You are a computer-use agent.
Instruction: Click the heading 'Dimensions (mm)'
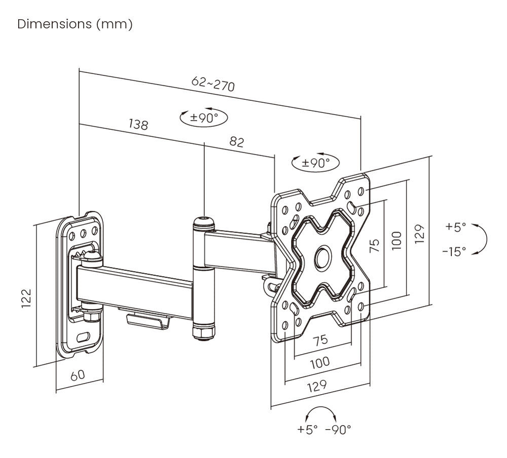[x=75, y=24]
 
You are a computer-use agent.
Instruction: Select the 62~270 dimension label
[x=213, y=84]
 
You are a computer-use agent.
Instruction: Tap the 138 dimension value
[x=138, y=124]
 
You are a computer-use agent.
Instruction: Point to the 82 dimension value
[x=236, y=142]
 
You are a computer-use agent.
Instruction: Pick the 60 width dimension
[x=77, y=375]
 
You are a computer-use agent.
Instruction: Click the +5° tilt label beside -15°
[x=455, y=227]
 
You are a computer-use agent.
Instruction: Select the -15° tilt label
[x=454, y=251]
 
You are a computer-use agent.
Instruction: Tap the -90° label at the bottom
[x=338, y=430]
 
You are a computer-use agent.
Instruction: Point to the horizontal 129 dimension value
[x=317, y=386]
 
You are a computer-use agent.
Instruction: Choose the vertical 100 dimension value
[x=396, y=240]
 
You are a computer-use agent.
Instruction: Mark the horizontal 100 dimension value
[x=319, y=362]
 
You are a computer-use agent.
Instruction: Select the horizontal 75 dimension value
[x=320, y=340]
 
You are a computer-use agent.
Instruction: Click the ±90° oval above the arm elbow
[x=204, y=118]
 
